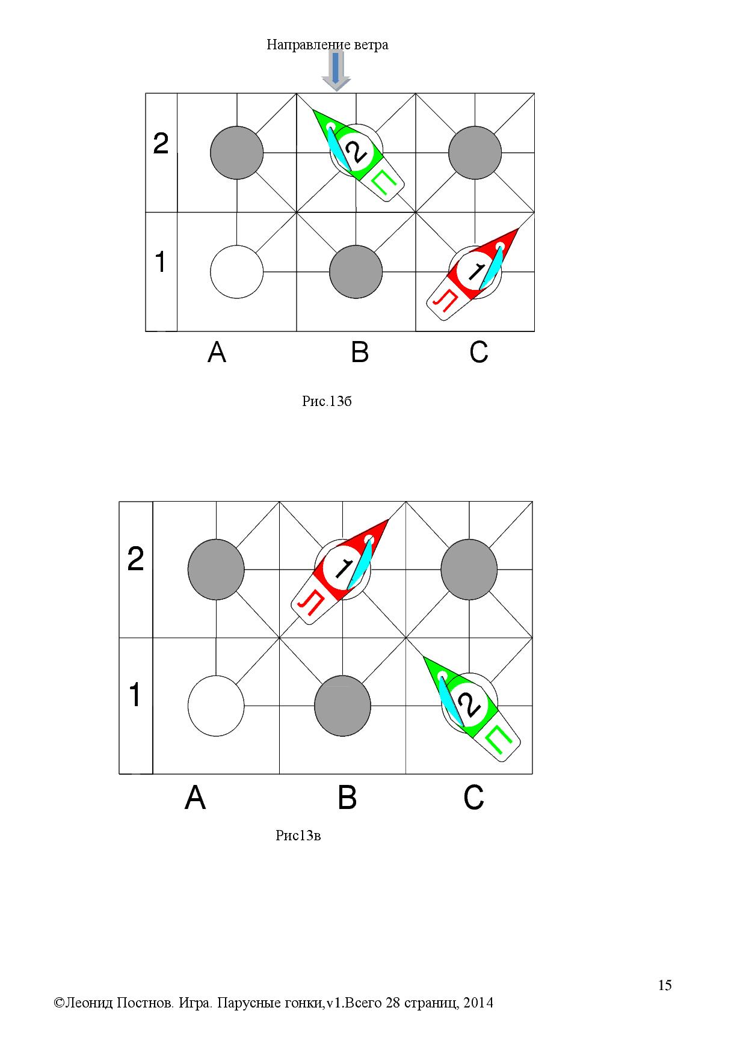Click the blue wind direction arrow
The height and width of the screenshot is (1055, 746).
click(336, 70)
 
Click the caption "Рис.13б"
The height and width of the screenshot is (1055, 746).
click(327, 401)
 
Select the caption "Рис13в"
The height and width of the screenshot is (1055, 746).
click(298, 835)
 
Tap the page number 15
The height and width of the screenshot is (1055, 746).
click(665, 985)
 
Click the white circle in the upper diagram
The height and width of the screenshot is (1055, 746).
click(237, 271)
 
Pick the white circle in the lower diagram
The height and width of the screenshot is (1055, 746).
click(216, 706)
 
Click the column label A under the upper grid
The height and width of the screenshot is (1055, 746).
click(217, 352)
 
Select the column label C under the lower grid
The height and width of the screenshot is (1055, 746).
click(474, 798)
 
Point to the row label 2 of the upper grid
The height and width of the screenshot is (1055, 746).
click(161, 144)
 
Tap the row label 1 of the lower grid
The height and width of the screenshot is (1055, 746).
click(135, 695)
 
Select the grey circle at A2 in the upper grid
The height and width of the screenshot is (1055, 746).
click(237, 153)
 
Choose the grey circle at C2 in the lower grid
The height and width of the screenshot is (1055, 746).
click(469, 570)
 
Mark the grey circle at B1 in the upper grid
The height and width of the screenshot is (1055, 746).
click(356, 271)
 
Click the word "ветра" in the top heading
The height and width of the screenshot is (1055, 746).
click(372, 45)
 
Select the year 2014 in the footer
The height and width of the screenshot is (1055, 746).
click(479, 1003)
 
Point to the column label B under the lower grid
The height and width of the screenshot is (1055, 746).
click(348, 798)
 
